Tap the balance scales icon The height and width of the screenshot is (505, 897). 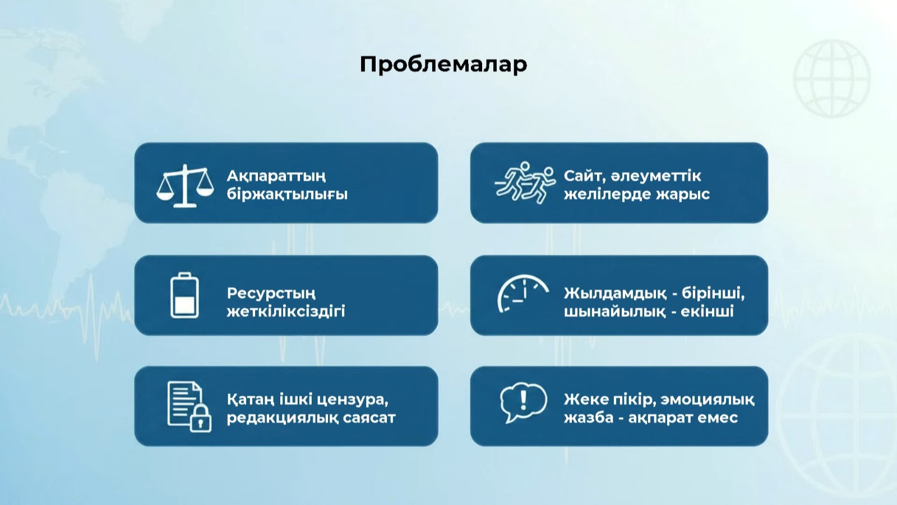click(184, 185)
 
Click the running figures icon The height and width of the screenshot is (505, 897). click(525, 183)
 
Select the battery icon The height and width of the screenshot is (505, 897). click(184, 295)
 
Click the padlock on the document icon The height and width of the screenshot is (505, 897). click(200, 419)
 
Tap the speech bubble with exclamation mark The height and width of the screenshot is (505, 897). click(524, 402)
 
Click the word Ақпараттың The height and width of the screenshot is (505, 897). click(276, 176)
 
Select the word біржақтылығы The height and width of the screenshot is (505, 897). click(287, 194)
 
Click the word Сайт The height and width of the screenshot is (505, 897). click(582, 176)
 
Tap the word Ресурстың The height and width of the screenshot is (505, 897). click(271, 294)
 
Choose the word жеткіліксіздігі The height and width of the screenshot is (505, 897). click(286, 311)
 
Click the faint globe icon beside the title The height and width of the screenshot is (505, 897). click(832, 79)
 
